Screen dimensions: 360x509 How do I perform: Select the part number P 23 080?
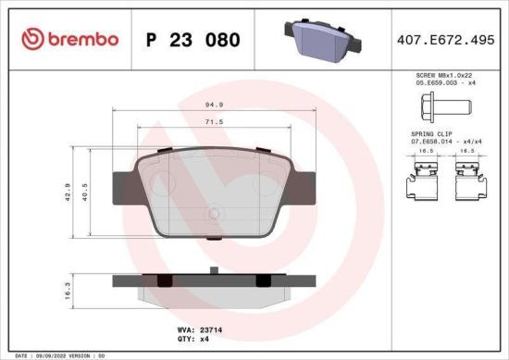[193, 40]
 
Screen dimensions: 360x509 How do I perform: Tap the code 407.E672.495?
[442, 40]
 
